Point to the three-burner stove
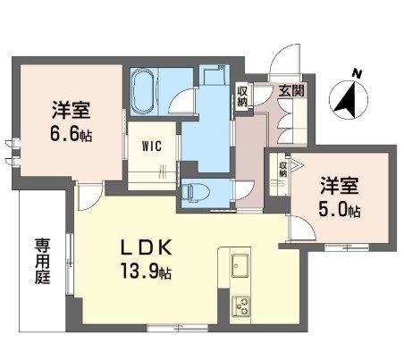(242, 306)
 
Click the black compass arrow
(346, 100)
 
